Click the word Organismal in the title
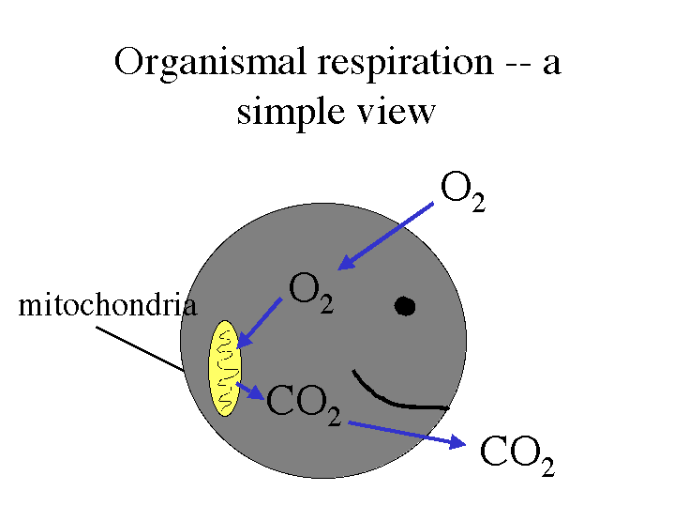pos(210,63)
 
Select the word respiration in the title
pos(405,64)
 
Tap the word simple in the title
pos(291,112)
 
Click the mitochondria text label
pos(108,304)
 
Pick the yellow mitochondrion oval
pos(225,368)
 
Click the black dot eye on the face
pos(404,306)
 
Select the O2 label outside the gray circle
pos(463,192)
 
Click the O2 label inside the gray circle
pos(311,292)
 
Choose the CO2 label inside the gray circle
pos(304,406)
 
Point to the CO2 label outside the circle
pos(517,455)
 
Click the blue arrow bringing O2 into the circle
pos(385,236)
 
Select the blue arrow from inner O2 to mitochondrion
pos(260,323)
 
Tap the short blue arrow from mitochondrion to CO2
pos(250,391)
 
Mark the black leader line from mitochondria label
pos(140,348)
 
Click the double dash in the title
pos(518,68)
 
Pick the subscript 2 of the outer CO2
pos(547,467)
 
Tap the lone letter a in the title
pos(552,66)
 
